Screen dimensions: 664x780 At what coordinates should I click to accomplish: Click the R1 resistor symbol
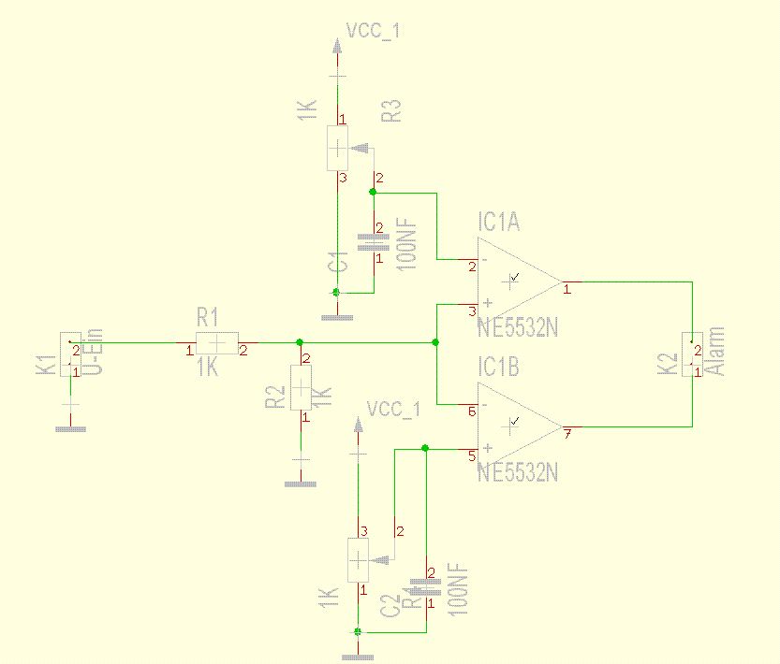[x=215, y=343]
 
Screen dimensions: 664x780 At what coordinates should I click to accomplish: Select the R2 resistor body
[x=301, y=387]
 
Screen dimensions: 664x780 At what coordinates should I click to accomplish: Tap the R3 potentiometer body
[x=338, y=148]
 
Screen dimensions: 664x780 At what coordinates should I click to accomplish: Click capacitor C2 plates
[x=426, y=588]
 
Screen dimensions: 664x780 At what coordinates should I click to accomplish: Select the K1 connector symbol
[x=71, y=354]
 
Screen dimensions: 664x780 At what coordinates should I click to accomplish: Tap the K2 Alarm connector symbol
[x=693, y=355]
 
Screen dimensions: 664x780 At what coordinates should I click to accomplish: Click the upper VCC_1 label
[x=374, y=31]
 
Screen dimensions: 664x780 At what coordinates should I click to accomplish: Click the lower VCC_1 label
[x=393, y=409]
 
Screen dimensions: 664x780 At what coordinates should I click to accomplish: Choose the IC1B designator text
[x=500, y=367]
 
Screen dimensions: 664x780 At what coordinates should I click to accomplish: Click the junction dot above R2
[x=299, y=342]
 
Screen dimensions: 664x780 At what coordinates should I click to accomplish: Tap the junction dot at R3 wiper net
[x=373, y=192]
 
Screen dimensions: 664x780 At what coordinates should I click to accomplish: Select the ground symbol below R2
[x=301, y=484]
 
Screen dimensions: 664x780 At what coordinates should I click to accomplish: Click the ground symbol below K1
[x=71, y=428]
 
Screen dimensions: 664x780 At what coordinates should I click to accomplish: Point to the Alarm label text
[x=717, y=352]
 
